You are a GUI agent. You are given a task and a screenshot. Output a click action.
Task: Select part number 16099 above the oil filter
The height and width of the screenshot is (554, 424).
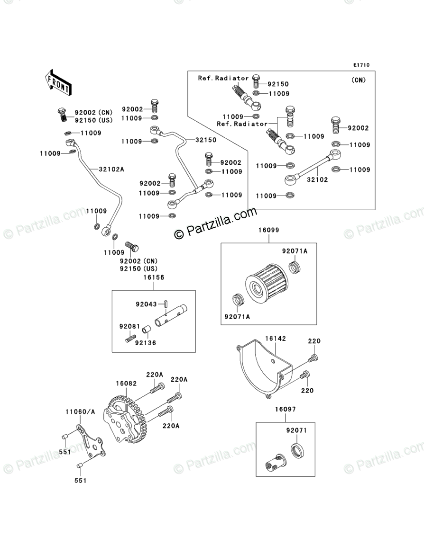pos(268,230)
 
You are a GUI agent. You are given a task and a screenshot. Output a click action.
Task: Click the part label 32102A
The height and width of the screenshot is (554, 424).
pos(111,169)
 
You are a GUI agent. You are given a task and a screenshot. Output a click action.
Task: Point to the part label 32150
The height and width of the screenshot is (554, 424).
pos(206,140)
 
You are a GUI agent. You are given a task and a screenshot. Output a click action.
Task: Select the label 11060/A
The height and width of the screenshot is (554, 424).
pos(80,411)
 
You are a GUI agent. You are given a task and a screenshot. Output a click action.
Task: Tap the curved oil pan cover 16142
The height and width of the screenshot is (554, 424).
pos(261,369)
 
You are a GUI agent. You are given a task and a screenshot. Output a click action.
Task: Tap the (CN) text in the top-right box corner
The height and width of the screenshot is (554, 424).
pos(359,80)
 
